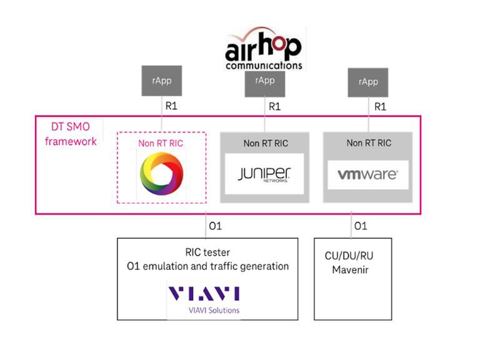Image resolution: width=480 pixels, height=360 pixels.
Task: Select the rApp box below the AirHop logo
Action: point(265,81)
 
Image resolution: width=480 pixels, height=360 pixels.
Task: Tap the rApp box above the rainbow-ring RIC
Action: point(162,81)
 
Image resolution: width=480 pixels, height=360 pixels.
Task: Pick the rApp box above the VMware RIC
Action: point(368,82)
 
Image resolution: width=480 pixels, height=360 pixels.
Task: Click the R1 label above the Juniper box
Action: point(274,107)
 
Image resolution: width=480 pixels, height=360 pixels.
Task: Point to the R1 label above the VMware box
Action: point(379,107)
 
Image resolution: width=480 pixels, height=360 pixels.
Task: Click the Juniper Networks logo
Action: point(265,173)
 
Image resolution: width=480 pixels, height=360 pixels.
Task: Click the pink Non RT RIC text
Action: point(161,143)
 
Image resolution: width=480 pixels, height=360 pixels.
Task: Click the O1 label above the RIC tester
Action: point(215,226)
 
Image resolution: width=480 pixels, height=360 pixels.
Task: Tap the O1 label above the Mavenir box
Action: point(360,226)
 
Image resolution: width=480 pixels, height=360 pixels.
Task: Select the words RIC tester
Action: point(207,252)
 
